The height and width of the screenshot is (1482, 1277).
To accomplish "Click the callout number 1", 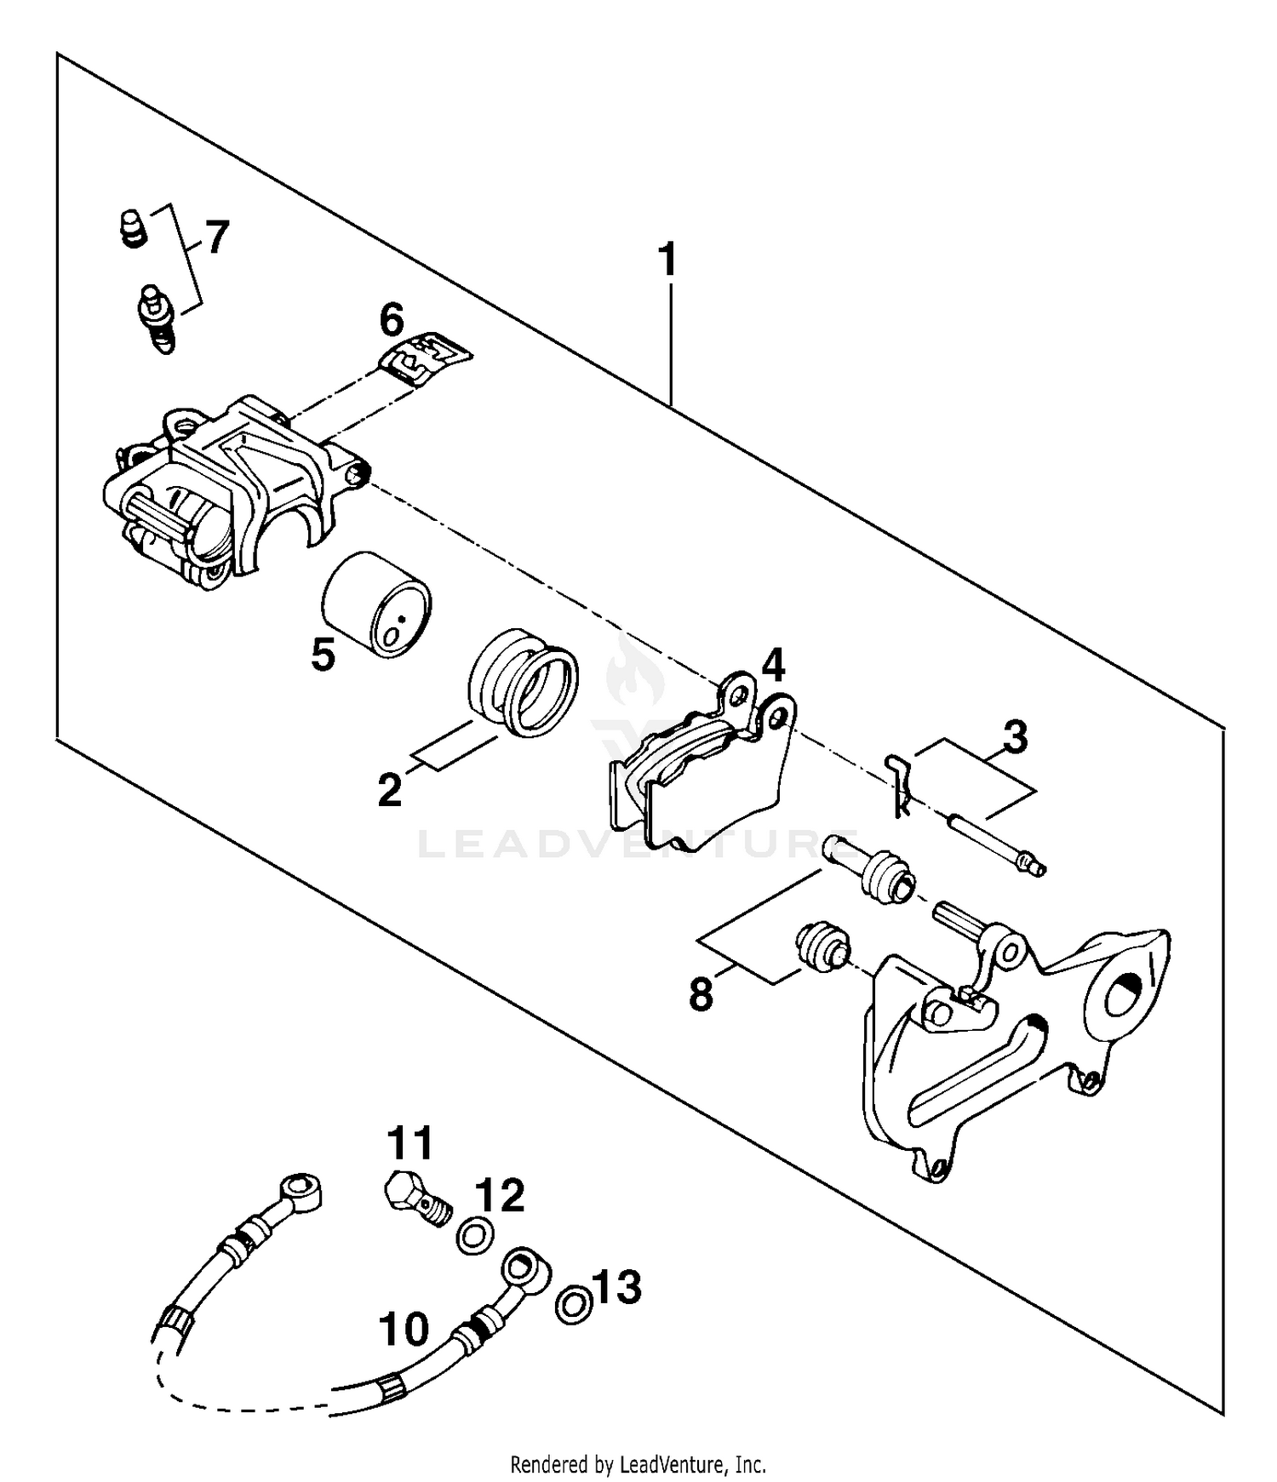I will [669, 260].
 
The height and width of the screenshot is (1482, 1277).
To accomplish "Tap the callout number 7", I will [218, 237].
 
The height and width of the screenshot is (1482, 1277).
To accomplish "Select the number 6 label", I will [392, 322].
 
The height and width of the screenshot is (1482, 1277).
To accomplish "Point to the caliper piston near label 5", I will [376, 604].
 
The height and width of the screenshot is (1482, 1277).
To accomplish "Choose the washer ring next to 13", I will [574, 1304].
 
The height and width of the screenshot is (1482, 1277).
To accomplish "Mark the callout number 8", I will [701, 993].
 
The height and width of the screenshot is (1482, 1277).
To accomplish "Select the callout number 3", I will [1015, 737].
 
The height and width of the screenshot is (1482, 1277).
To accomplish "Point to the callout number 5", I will [323, 655].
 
